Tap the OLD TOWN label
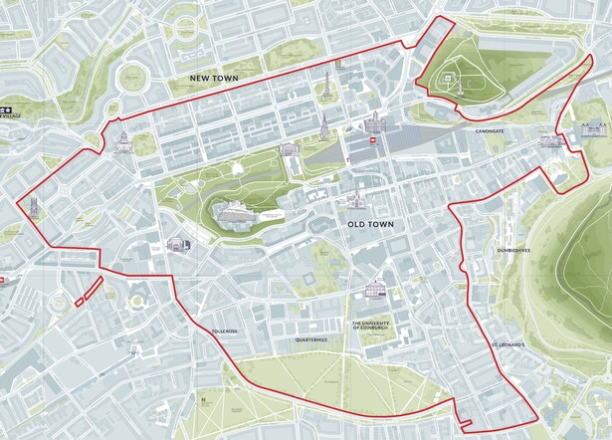point(370,225)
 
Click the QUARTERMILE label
point(310,340)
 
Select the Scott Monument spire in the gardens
point(323,126)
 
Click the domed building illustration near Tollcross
point(179,244)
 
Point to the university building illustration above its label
point(375,292)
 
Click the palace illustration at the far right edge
point(593,126)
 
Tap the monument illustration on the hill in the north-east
point(458,78)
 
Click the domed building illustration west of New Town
point(123,141)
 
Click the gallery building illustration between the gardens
point(289,149)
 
